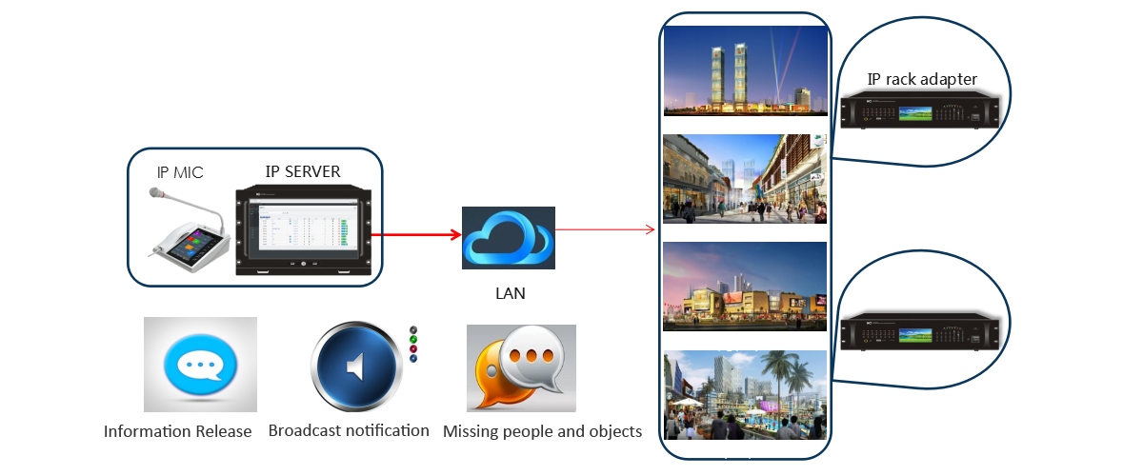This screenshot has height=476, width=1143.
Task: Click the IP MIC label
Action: coord(180,173)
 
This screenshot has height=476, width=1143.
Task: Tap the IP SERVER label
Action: coord(302,171)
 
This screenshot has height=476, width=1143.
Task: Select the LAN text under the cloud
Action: coord(510,293)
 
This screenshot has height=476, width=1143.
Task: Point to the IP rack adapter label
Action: coord(922,79)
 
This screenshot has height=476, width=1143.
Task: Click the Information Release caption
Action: coord(177,431)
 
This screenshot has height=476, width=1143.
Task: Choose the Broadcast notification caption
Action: coord(349,430)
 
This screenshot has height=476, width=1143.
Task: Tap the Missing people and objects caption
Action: coord(542,431)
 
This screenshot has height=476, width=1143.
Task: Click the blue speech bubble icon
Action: coord(200,365)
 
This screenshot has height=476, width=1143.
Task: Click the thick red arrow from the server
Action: coord(410,233)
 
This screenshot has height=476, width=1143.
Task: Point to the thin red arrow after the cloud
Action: coord(605,229)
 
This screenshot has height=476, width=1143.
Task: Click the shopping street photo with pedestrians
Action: coord(745,179)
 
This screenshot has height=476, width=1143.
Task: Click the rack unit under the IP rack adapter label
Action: coord(921,110)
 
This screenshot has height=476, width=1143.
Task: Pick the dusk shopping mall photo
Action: coord(745,287)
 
